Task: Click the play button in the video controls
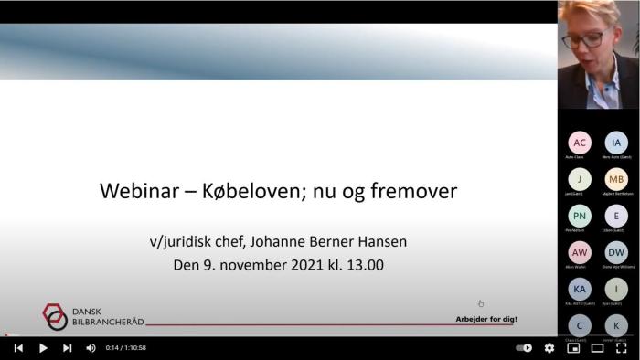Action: [42, 348]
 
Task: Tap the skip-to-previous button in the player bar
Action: [18, 348]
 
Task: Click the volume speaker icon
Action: [91, 348]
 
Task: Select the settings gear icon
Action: [549, 348]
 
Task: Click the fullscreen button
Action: [622, 348]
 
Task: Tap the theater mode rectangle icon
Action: [598, 348]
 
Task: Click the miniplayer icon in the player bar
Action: [574, 348]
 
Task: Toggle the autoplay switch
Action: [524, 348]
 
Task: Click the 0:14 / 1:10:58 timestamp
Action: [125, 348]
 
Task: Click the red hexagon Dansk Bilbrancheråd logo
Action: [55, 316]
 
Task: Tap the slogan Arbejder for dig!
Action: [486, 319]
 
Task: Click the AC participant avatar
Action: [580, 143]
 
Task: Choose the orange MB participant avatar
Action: [616, 179]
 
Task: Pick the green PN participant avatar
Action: [580, 216]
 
